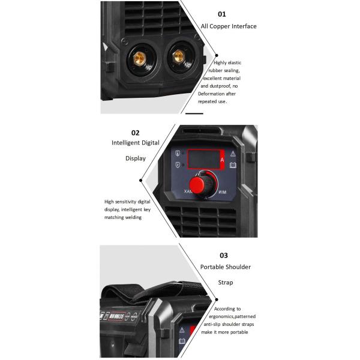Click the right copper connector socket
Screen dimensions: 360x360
coord(178,57)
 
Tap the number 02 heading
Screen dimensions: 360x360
coord(135,133)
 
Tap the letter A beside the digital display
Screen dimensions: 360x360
coord(222,160)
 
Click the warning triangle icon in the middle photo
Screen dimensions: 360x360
coord(233,153)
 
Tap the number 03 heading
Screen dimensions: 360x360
coord(224,256)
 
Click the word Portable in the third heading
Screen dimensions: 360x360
coord(213,266)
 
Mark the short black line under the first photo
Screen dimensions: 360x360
coord(194,113)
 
